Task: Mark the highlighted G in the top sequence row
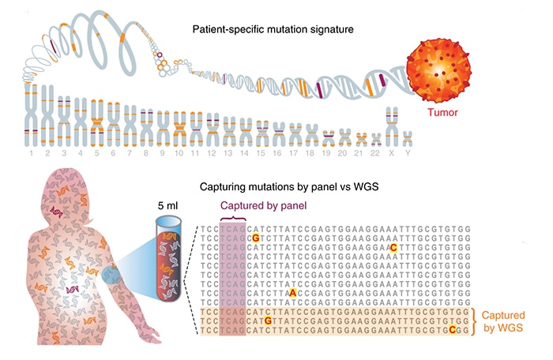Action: (254, 235)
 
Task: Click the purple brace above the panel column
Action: (232, 219)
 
